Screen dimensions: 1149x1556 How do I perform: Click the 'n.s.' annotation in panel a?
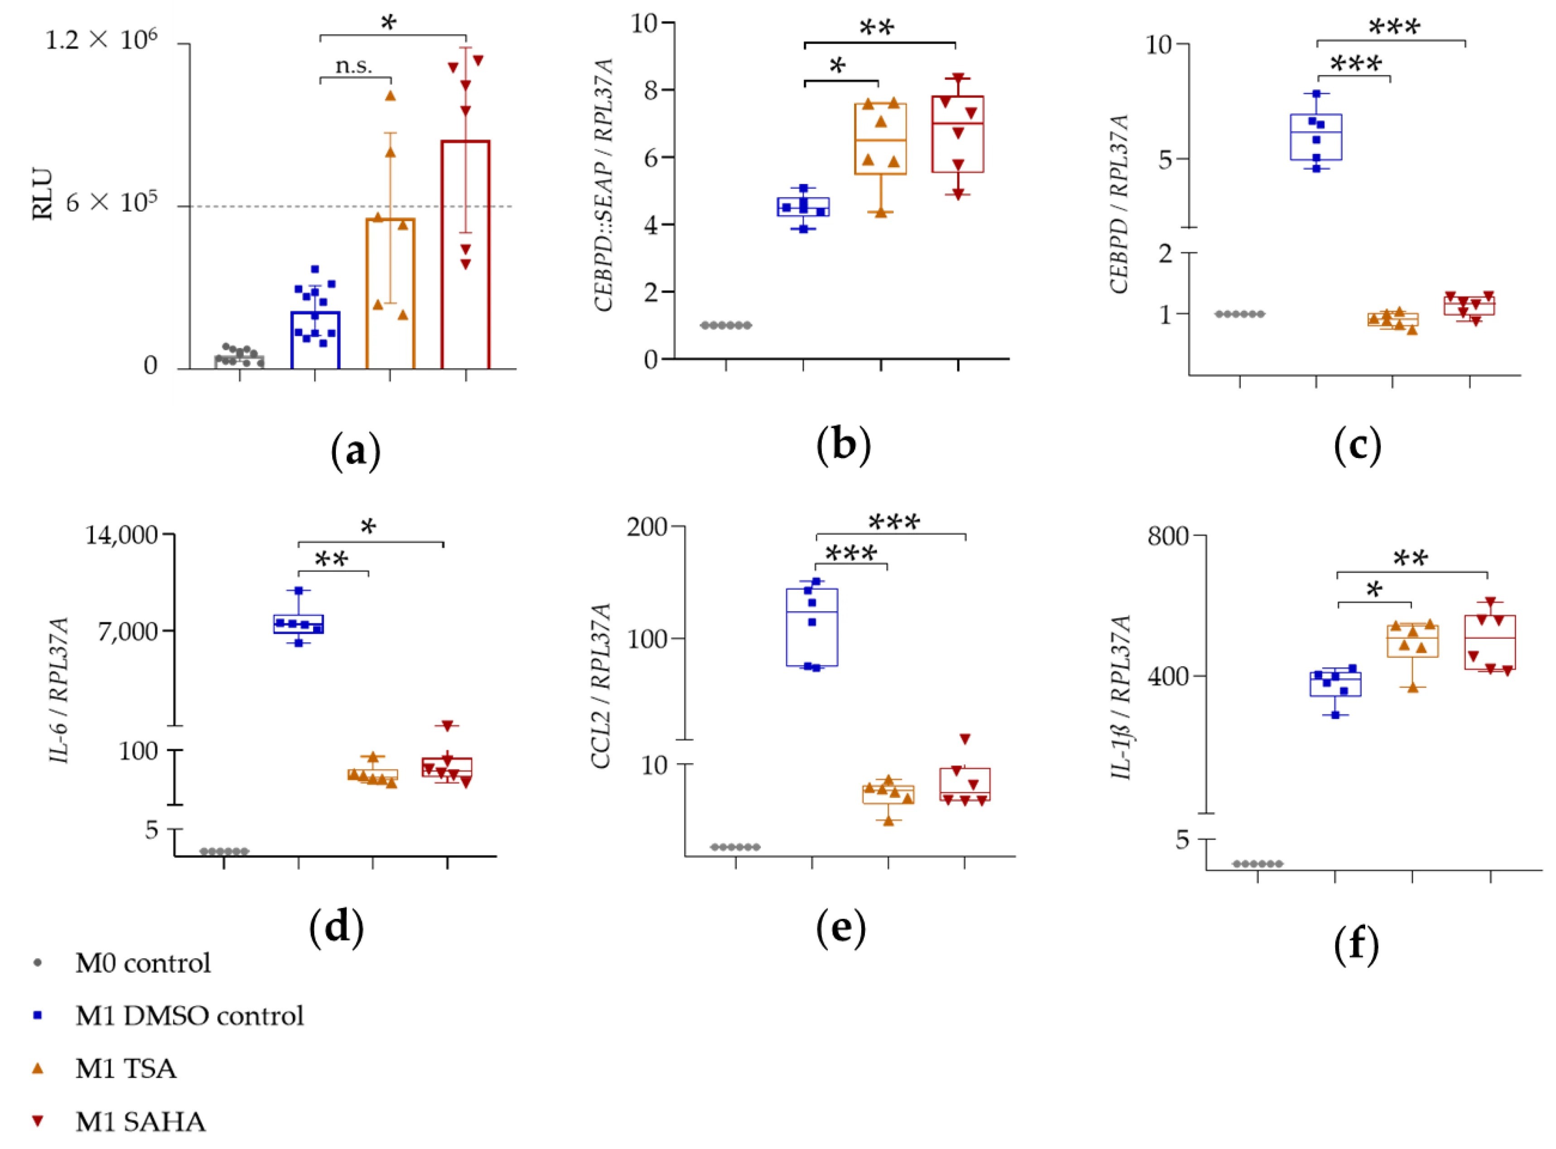(x=353, y=66)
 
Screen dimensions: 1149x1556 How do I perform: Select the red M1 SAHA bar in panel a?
(x=465, y=254)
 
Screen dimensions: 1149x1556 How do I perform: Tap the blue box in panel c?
(x=1316, y=137)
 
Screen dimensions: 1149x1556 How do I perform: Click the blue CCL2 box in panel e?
(x=812, y=628)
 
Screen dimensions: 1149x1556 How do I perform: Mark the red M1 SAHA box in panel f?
(x=1490, y=642)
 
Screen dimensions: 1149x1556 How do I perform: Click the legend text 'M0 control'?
(x=143, y=963)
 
